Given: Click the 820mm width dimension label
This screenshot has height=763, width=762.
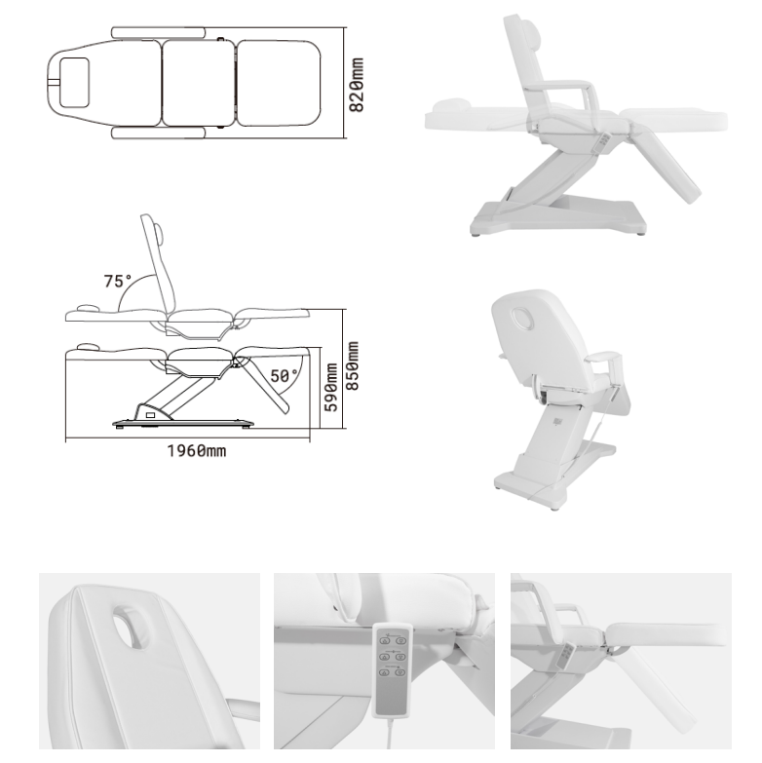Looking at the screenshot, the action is [357, 85].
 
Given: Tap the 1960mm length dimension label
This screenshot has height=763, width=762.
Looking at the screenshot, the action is [197, 451].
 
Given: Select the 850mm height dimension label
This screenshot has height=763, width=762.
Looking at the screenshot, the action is [352, 366].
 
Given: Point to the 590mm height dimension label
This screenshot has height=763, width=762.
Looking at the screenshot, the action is [331, 387].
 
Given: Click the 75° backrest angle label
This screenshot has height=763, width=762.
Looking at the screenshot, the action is [117, 281].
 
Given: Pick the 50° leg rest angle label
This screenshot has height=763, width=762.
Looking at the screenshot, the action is [284, 376].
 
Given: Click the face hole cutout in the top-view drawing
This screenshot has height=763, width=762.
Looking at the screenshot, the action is [74, 82].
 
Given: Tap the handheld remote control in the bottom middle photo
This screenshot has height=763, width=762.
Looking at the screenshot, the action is [392, 670].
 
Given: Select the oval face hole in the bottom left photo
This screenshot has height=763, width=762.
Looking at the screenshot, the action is [132, 628].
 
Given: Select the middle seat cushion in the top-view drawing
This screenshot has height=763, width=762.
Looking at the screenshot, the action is [198, 83].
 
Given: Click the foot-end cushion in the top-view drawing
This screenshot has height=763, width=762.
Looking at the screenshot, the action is [279, 83].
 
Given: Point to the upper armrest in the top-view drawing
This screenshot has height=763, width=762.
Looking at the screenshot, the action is [159, 32].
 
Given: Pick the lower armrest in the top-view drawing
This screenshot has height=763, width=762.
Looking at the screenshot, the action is [159, 133].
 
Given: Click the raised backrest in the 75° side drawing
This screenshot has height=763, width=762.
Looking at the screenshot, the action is [159, 263].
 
